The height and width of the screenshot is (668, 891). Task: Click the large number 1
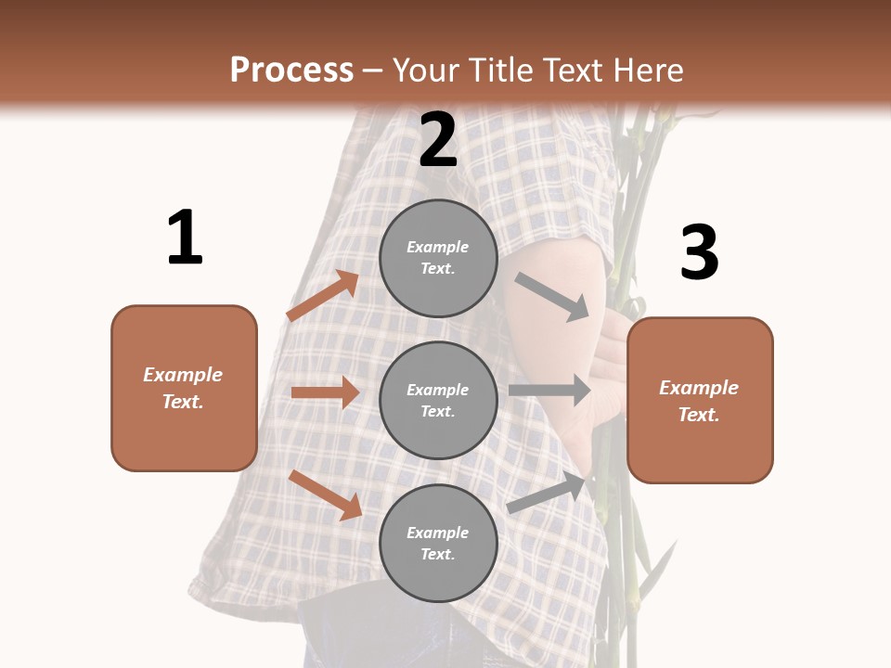pyautogui.click(x=185, y=238)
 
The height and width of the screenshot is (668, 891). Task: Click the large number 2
pyautogui.click(x=438, y=140)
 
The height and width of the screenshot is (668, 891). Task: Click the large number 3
pyautogui.click(x=699, y=252)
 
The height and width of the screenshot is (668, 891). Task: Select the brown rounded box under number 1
pyautogui.click(x=184, y=388)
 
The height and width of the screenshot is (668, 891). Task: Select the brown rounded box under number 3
pyautogui.click(x=700, y=400)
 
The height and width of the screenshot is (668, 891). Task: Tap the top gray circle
pyautogui.click(x=438, y=258)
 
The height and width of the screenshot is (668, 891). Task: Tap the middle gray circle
pyautogui.click(x=438, y=400)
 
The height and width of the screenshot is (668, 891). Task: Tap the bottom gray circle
pyautogui.click(x=438, y=543)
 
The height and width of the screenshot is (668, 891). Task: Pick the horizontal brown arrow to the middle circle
pyautogui.click(x=325, y=392)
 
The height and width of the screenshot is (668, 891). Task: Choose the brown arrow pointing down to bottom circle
pyautogui.click(x=325, y=495)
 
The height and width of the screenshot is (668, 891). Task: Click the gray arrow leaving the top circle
pyautogui.click(x=552, y=297)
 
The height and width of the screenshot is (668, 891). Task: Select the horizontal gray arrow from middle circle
pyautogui.click(x=549, y=391)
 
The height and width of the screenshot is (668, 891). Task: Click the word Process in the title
pyautogui.click(x=291, y=70)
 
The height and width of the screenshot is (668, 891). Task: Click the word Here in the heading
pyautogui.click(x=650, y=70)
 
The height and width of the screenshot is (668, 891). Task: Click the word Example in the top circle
pyautogui.click(x=437, y=247)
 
